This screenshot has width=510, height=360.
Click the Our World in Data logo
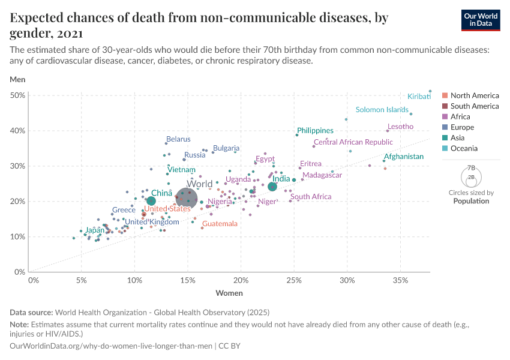tap(481, 19)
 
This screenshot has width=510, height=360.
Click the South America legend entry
tap(474, 106)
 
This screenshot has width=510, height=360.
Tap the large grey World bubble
tap(188, 198)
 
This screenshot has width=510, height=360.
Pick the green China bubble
tap(151, 201)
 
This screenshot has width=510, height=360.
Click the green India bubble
tap(272, 187)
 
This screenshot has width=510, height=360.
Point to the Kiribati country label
tap(419, 96)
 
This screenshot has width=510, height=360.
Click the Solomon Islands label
tap(382, 110)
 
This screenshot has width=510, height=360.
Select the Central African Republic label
tap(353, 142)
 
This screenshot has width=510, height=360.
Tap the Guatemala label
tap(220, 224)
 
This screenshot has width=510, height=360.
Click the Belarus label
tap(178, 139)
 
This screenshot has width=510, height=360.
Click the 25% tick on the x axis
tap(294, 280)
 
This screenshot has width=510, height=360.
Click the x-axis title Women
tap(229, 293)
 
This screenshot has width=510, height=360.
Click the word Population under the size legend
tap(471, 201)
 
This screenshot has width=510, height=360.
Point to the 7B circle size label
tap(471, 169)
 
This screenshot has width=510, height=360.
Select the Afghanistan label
tap(404, 157)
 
